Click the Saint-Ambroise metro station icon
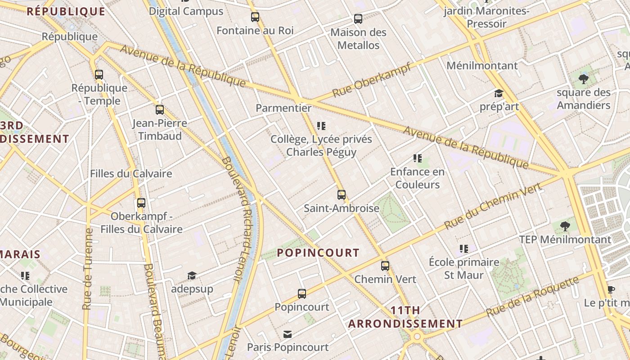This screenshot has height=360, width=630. pyautogui.click(x=342, y=195)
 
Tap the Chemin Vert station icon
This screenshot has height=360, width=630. pyautogui.click(x=385, y=265)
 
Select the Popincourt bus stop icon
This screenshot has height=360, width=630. pyautogui.click(x=302, y=294)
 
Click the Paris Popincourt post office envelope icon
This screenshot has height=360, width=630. pyautogui.click(x=288, y=334)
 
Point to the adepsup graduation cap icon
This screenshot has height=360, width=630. pyautogui.click(x=192, y=275)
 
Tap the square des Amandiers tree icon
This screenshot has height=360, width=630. pyautogui.click(x=584, y=79)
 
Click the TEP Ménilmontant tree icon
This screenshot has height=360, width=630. pyautogui.click(x=565, y=226)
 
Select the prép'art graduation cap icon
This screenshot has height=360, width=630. pyautogui.click(x=499, y=93)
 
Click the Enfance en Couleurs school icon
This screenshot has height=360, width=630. pyautogui.click(x=417, y=158)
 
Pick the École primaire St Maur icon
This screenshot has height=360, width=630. pyautogui.click(x=464, y=249)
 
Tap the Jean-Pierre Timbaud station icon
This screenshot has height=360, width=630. pyautogui.click(x=160, y=110)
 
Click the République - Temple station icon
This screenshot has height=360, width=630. pyautogui.click(x=99, y=75)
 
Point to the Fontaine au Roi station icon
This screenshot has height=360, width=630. pyautogui.click(x=255, y=18)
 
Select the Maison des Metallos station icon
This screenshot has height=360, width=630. pyautogui.click(x=358, y=19)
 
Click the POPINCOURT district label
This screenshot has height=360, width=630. pyautogui.click(x=318, y=253)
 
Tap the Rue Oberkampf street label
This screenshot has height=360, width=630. pyautogui.click(x=372, y=80)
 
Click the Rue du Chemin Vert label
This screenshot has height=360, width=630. pyautogui.click(x=493, y=207)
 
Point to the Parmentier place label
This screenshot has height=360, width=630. pyautogui.click(x=283, y=108)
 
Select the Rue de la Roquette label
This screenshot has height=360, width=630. pyautogui.click(x=533, y=297)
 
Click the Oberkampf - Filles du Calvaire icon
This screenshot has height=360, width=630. pyautogui.click(x=141, y=203)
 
